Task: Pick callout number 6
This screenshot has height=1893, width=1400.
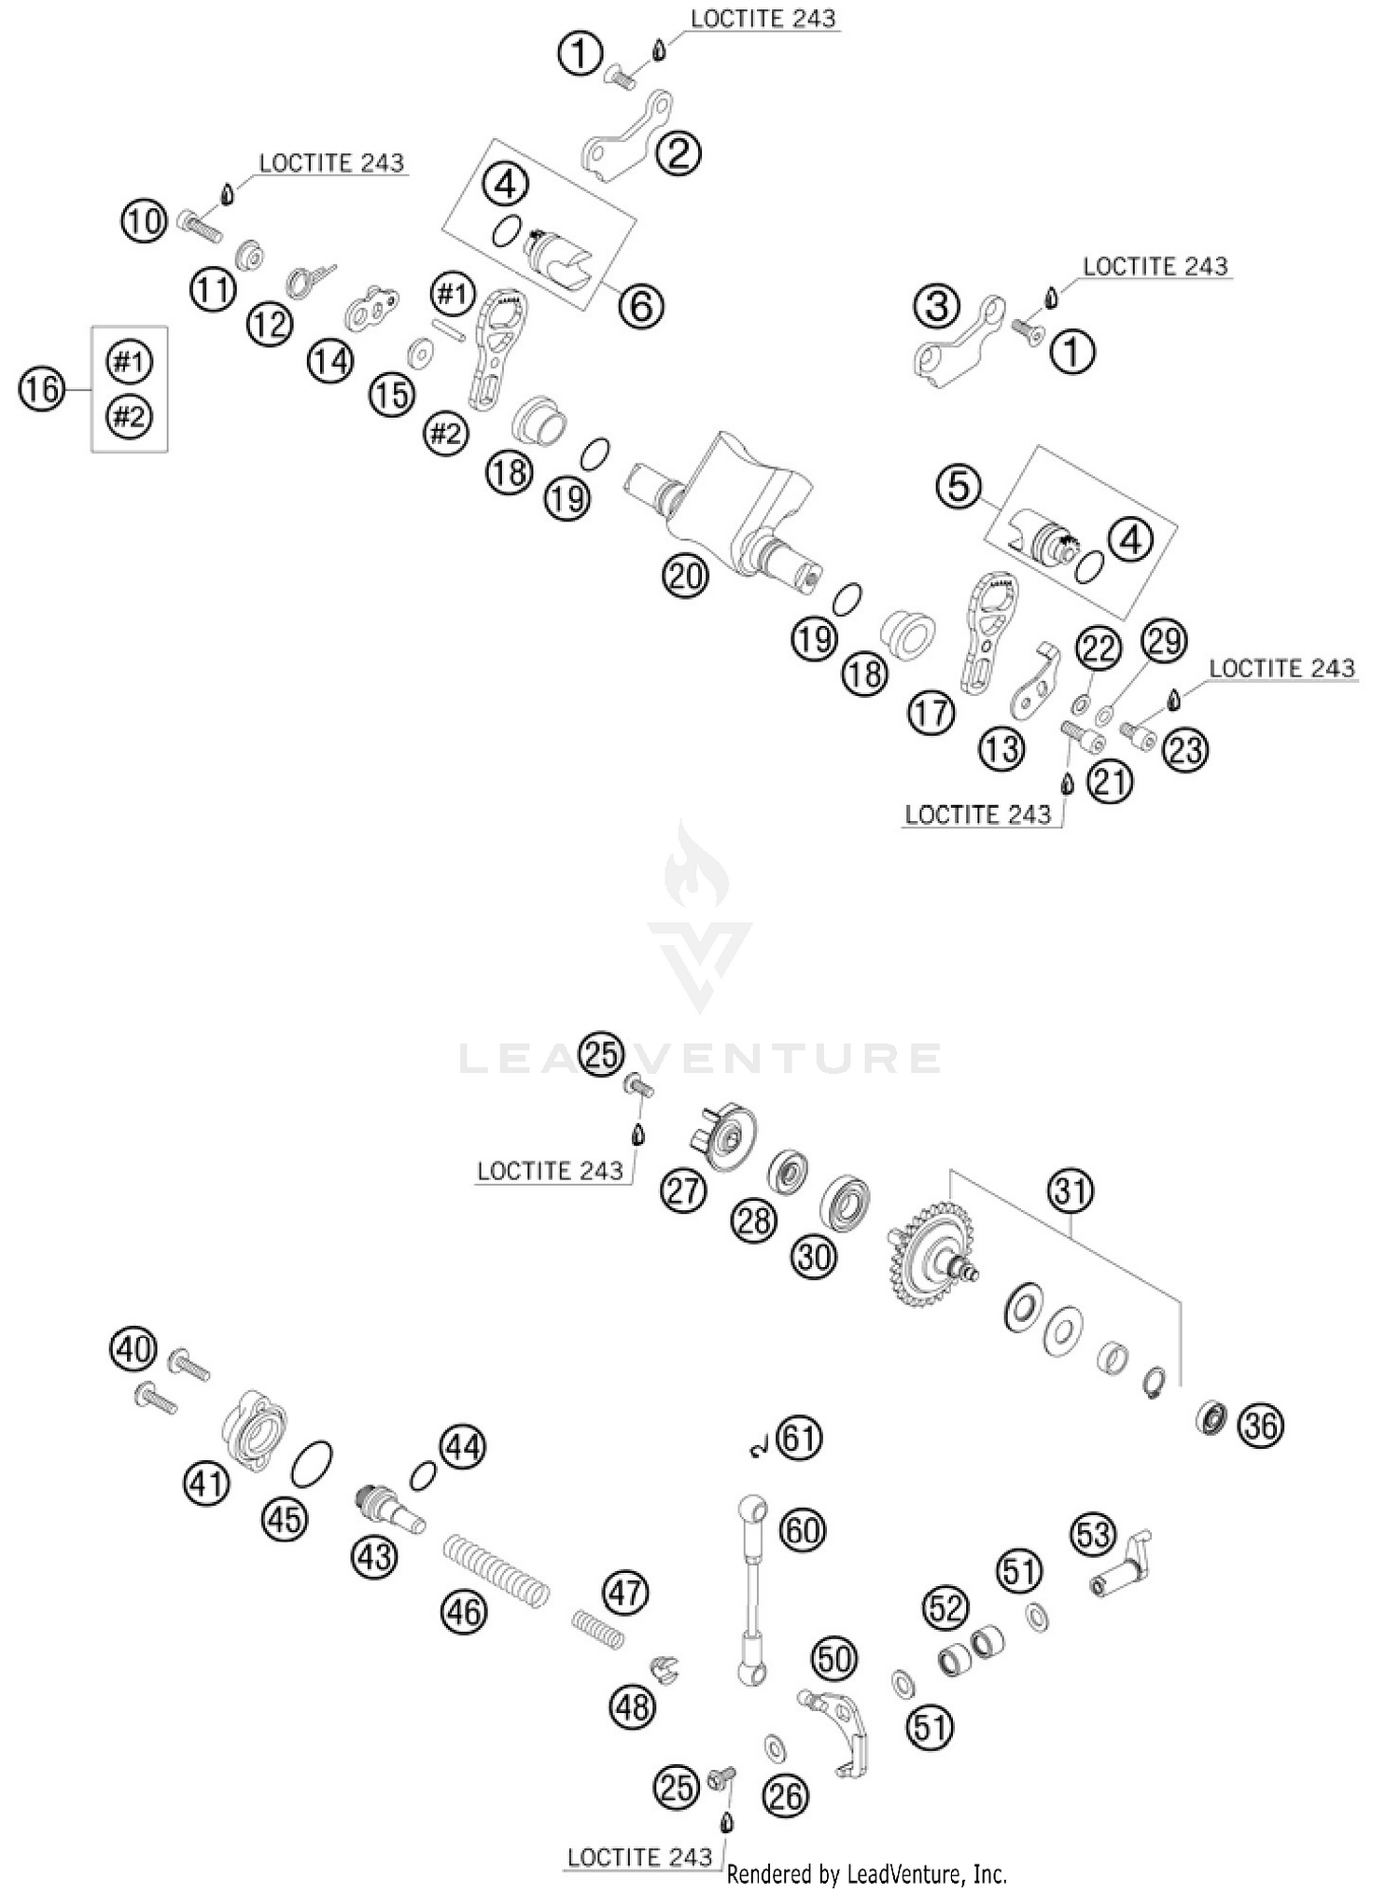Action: (x=641, y=305)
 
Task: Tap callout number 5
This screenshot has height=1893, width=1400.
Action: (x=959, y=486)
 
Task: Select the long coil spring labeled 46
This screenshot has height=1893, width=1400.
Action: (x=495, y=1571)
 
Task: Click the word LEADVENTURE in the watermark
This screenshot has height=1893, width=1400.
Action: (x=700, y=1058)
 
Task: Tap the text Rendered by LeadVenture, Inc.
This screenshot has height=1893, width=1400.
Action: (x=866, y=1873)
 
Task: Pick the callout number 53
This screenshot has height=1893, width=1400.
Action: (x=1095, y=1535)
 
